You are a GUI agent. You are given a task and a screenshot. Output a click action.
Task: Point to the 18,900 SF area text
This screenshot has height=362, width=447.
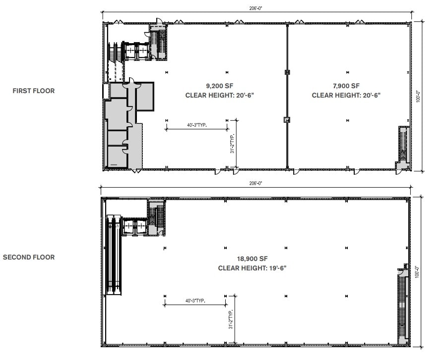tap(253, 259)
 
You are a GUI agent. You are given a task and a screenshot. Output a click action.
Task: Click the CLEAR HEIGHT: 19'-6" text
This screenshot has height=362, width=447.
tap(253, 268)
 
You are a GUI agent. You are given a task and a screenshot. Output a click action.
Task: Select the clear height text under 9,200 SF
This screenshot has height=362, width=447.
tap(219, 95)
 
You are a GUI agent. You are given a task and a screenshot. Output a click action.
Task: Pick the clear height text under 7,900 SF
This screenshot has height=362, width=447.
tap(346, 95)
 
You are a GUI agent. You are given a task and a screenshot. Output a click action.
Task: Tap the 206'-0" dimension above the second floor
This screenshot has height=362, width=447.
tap(255, 183)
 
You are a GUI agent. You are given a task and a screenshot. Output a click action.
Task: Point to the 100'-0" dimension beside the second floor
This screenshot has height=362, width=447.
tap(418, 271)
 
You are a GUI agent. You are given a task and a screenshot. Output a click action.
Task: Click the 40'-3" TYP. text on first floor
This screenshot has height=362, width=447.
tap(197, 126)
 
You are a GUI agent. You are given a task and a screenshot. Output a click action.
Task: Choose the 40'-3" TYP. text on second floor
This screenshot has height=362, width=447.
tap(195, 301)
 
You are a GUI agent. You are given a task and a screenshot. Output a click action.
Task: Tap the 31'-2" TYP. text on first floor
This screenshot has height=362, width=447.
tap(232, 144)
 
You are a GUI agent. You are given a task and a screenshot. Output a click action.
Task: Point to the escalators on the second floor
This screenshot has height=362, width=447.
tap(114, 255)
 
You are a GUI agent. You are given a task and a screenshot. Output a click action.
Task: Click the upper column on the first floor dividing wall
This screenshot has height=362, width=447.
tap(287, 72)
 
